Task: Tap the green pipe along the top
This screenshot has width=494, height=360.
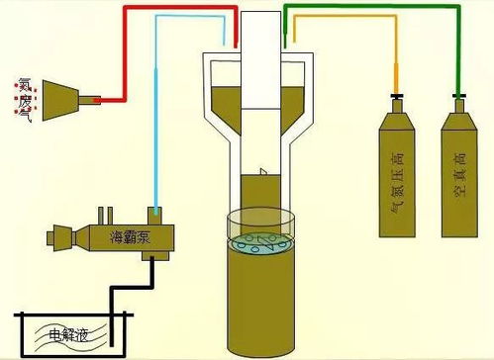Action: click(376, 8)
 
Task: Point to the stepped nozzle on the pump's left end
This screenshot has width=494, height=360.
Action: click(57, 238)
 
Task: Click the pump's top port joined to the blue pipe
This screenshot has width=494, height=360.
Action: click(155, 213)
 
